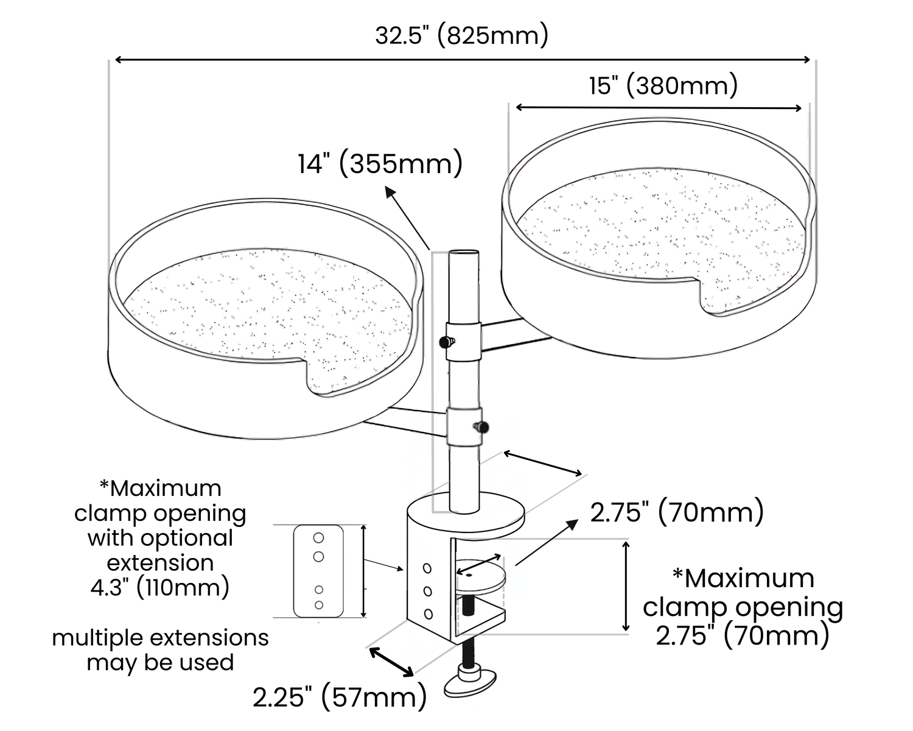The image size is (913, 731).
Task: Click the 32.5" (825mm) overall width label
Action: pyautogui.click(x=461, y=36)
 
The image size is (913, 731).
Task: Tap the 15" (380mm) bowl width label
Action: pyautogui.click(x=663, y=87)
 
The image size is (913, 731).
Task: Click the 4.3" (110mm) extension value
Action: pyautogui.click(x=160, y=587)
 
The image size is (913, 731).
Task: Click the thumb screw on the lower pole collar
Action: pyautogui.click(x=481, y=427)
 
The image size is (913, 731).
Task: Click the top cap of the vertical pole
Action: pyautogui.click(x=464, y=253)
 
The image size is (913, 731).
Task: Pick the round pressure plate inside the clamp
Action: pyautogui.click(x=481, y=576)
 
